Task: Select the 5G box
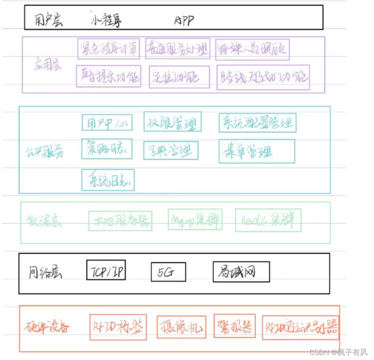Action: (x=168, y=272)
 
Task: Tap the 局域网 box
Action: (x=241, y=272)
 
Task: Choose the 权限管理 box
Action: (x=172, y=122)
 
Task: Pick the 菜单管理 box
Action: (x=257, y=151)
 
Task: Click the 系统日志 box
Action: (x=108, y=180)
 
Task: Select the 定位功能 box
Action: (x=179, y=77)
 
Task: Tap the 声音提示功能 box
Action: (x=109, y=76)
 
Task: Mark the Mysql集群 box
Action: (x=195, y=219)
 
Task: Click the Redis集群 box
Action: (x=268, y=220)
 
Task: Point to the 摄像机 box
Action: (x=181, y=327)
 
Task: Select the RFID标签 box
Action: (x=118, y=327)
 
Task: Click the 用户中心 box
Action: (x=107, y=123)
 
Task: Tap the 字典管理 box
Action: (x=170, y=150)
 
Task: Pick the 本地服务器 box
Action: (x=120, y=221)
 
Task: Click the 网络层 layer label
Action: (x=45, y=272)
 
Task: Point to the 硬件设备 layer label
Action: (x=47, y=326)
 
